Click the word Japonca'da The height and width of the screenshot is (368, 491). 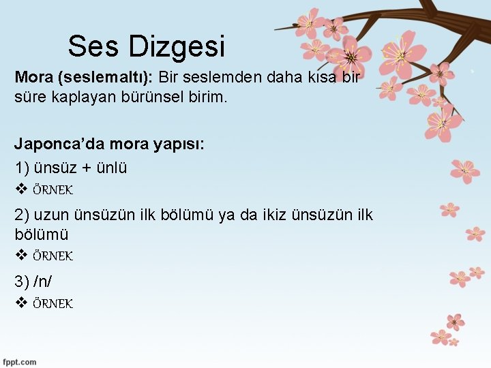[x=50, y=145]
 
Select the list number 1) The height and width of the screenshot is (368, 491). [x=23, y=168]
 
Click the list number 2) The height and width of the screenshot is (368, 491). [x=23, y=215]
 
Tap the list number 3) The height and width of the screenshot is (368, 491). [x=23, y=281]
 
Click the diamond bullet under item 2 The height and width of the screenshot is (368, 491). [x=20, y=256]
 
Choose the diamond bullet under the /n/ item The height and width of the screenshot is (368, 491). [x=20, y=303]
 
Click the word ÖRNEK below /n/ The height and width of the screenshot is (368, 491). [x=53, y=303]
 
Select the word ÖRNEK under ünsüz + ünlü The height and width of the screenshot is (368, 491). [x=53, y=189]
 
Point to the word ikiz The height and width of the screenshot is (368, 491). [x=281, y=215]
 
